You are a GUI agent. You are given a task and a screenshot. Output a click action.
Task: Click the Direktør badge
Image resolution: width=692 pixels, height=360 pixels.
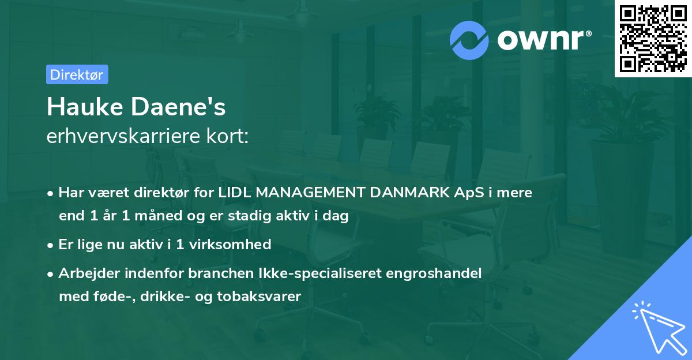pyautogui.click(x=77, y=74)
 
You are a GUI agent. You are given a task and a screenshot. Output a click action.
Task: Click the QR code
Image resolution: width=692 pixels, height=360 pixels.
pyautogui.click(x=652, y=38)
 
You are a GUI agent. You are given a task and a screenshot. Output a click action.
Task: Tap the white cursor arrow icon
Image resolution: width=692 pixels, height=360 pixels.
pyautogui.click(x=657, y=327)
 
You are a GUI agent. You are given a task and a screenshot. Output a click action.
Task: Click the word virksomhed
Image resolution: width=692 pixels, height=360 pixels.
pyautogui.click(x=235, y=244)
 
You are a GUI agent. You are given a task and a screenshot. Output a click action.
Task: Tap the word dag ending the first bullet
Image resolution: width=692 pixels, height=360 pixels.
pyautogui.click(x=337, y=216)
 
